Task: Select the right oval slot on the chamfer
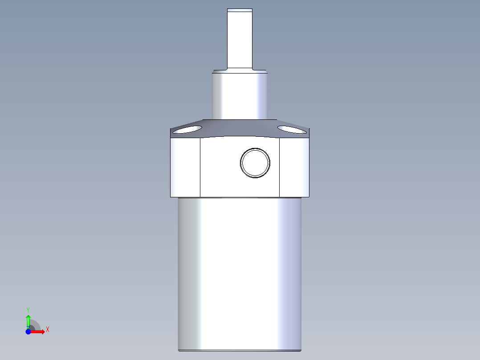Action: coord(292,130)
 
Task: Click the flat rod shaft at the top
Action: coord(240,40)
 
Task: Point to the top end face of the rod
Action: coord(240,9)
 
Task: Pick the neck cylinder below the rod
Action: coord(240,96)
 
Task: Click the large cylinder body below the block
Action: coord(240,272)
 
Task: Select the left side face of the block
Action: coord(185,167)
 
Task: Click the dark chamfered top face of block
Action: coord(240,128)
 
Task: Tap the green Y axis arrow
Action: coord(28,320)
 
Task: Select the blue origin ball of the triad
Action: coord(28,331)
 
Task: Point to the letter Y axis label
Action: coord(28,309)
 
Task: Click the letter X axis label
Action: coord(48,330)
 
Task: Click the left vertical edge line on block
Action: coord(200,167)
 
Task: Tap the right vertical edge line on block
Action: coord(279,167)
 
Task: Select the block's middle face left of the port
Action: coord(219,167)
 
